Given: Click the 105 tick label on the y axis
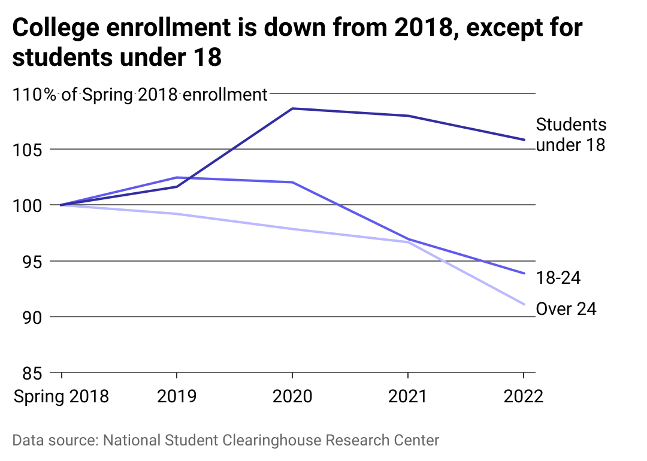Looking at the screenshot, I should [29, 150].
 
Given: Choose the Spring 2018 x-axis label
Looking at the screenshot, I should [62, 396].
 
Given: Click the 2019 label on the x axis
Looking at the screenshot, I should [177, 396].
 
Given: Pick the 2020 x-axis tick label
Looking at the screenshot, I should [292, 396].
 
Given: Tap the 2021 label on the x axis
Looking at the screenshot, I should [408, 396].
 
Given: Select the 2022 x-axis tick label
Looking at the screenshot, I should [523, 396].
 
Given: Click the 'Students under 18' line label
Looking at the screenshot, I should [571, 135].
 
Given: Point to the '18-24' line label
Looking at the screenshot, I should [558, 277].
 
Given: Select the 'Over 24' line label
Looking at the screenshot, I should [566, 309].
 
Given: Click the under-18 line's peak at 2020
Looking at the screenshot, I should [292, 108].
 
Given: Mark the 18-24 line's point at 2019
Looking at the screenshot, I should [177, 178].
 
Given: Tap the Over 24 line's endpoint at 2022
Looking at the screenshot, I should [524, 304].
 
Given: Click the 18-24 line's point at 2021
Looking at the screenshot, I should [408, 239].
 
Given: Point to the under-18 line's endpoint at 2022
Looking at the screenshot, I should [524, 139].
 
